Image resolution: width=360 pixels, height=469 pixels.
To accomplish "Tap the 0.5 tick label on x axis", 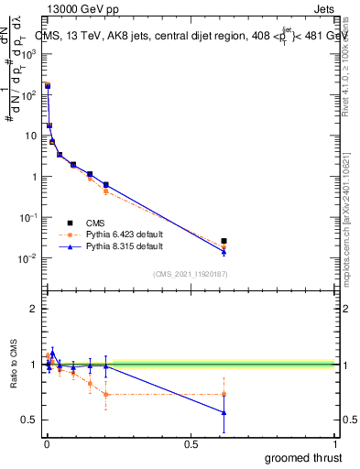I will [191, 444].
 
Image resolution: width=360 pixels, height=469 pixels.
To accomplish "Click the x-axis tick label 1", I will [335, 444].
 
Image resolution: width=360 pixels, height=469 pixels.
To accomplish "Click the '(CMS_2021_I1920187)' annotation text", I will [191, 273].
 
